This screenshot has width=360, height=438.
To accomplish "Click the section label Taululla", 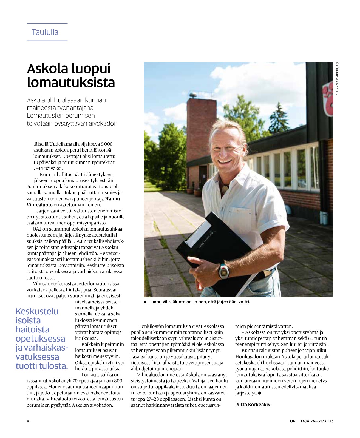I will click(45, 32).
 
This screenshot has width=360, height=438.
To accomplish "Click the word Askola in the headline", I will click(45, 69).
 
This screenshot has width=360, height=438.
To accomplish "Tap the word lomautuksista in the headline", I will click(71, 83).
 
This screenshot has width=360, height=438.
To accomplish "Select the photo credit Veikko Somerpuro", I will click(338, 78).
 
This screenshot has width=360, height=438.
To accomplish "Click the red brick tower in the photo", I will click(201, 129).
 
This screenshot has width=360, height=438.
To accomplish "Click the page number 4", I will click(28, 421).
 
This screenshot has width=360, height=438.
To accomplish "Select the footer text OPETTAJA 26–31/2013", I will click(311, 421).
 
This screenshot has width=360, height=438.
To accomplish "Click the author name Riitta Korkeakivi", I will click(253, 405).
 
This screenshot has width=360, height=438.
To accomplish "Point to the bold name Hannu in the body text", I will click(112, 199).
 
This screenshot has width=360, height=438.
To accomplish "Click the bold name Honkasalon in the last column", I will click(248, 357).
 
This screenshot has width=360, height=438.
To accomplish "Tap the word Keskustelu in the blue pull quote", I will click(37, 311).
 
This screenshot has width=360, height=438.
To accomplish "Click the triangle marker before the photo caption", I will click(146, 302).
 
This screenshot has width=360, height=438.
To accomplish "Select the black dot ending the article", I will click(260, 393).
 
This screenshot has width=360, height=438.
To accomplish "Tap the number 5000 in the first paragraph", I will click(107, 144).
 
